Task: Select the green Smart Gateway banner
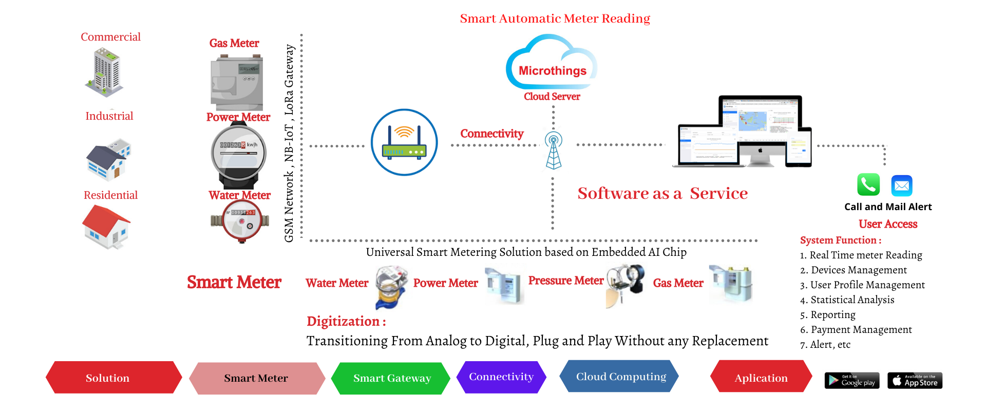tap(391, 378)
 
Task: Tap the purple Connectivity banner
tap(501, 377)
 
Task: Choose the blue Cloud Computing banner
tap(620, 376)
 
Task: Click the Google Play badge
tap(852, 380)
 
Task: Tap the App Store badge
tap(915, 380)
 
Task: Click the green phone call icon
tap(868, 184)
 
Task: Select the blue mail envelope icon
tap(902, 185)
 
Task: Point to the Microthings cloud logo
tap(552, 64)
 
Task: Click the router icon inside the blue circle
tap(404, 142)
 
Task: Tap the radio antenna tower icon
tap(553, 150)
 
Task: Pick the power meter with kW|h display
tap(239, 154)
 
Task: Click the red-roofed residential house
tap(107, 227)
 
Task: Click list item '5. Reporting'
tap(827, 314)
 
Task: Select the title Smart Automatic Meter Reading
tap(555, 18)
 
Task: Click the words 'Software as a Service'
tap(662, 193)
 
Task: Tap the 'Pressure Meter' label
tap(565, 281)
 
